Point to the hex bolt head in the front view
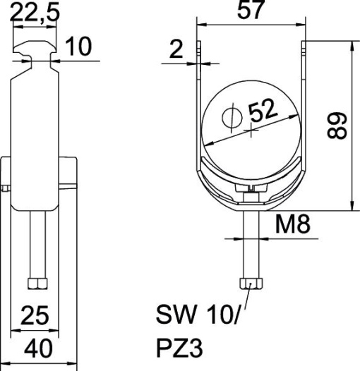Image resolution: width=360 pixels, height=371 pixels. coord(253,283)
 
